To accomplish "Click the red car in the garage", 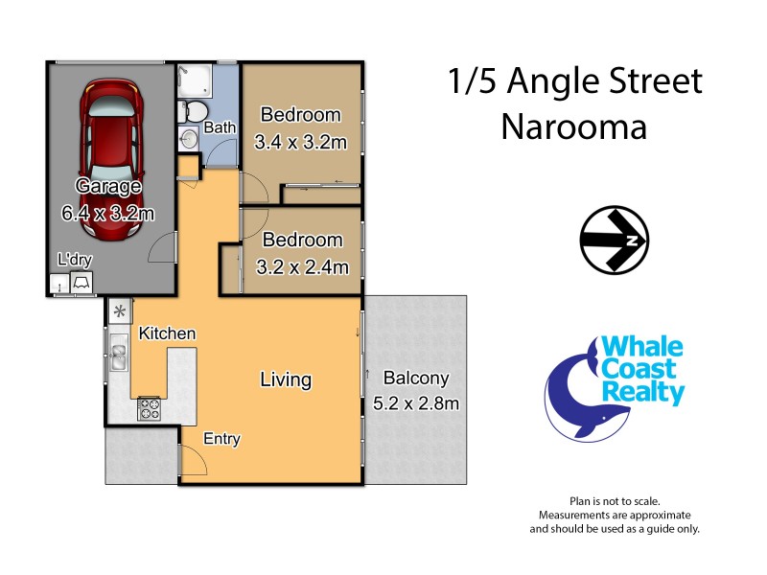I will coord(112,122).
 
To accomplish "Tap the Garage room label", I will coord(108,187).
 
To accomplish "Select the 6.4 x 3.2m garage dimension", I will coord(108,213).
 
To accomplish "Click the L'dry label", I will coord(74,259).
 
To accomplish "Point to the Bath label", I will coord(220,127).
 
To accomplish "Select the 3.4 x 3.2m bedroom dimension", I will coord(300,143).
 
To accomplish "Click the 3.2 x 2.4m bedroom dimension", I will coord(302,266).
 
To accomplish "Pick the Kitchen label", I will coord(168,333).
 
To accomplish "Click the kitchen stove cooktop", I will coord(151,408).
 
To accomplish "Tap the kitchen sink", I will coord(119,357).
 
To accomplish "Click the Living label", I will coord(286,379).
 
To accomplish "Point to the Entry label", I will coord(221,439).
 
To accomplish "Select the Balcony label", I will coord(415,379).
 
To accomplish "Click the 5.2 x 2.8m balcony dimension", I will coord(415,403).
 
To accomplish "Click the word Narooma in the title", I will coord(574,126).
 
